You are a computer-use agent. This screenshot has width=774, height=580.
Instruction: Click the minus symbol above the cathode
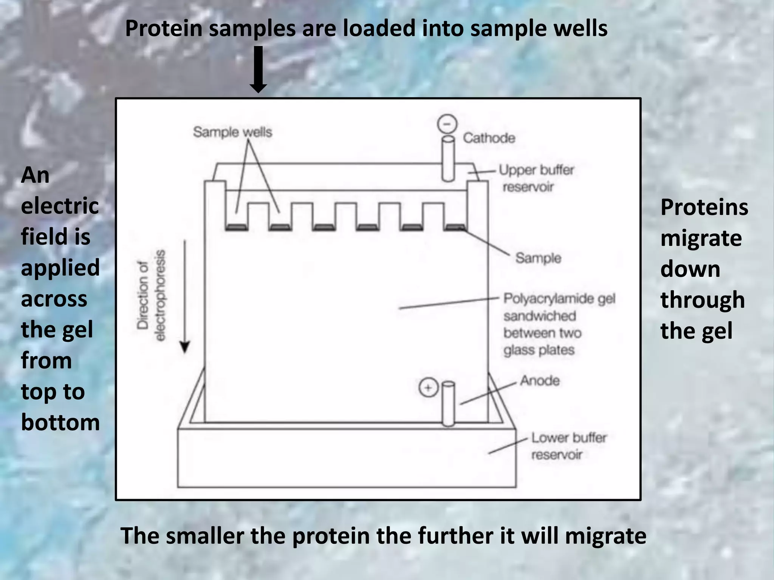447,124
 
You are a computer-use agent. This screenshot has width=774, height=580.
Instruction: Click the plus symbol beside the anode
428,388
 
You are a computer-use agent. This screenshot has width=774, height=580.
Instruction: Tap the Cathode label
489,138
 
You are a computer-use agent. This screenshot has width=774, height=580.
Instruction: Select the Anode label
540,380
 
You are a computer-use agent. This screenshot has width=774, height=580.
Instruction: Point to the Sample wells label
232,132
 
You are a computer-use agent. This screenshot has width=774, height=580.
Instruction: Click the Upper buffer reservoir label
536,178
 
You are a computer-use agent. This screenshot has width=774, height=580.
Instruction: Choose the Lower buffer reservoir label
568,446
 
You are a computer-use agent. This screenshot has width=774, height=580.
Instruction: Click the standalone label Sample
538,258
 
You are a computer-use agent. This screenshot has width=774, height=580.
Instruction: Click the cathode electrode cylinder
448,159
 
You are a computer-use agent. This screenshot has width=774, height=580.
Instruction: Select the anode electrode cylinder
448,404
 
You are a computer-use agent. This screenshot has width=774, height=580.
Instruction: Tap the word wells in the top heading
581,28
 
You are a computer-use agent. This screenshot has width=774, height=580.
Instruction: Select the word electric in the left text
60,206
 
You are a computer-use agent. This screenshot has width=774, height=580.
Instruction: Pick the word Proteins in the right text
704,207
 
